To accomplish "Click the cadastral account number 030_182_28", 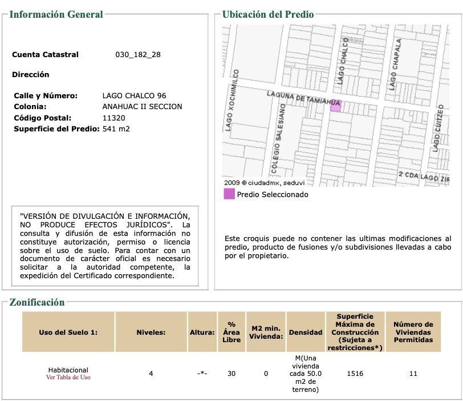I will (138, 55).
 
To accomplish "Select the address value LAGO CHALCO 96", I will (134, 95).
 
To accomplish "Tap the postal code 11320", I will (113, 118).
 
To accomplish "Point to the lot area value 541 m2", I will (116, 129).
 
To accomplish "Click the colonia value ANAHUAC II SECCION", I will (142, 106).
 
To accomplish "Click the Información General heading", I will (56, 14).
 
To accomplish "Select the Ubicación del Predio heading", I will (268, 14).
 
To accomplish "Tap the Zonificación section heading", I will (37, 302).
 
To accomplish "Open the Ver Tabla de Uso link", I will (68, 377).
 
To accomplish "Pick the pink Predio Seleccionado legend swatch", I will (229, 194).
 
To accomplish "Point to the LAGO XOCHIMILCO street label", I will (232, 101).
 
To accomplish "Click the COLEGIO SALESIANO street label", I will (279, 139).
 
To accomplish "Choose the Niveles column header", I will (151, 332).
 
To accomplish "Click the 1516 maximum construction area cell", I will (355, 374).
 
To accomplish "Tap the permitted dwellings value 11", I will (413, 374).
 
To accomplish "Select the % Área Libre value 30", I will (231, 374).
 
